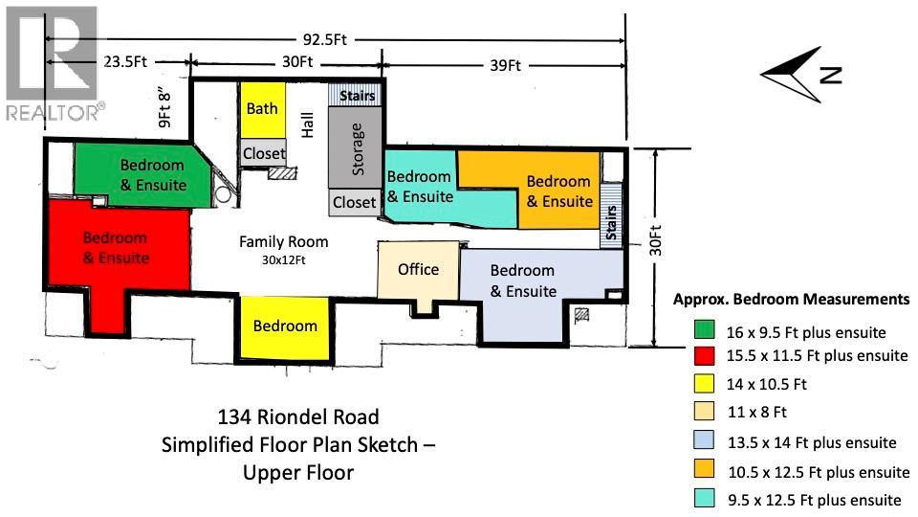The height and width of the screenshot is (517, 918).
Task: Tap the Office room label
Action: click(418, 269)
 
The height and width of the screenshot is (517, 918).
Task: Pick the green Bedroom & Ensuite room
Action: click(139, 175)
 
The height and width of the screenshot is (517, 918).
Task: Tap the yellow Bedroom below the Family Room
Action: click(285, 326)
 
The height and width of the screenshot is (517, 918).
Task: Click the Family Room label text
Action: click(283, 242)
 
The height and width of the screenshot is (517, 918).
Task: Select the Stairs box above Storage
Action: click(357, 96)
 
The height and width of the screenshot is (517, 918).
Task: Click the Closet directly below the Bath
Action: click(264, 153)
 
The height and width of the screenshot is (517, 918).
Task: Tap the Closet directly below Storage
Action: click(355, 203)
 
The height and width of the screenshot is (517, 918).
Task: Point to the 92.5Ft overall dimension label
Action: click(325, 40)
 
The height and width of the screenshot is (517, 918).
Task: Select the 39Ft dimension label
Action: click(505, 65)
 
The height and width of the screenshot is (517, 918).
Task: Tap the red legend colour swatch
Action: click(705, 356)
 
